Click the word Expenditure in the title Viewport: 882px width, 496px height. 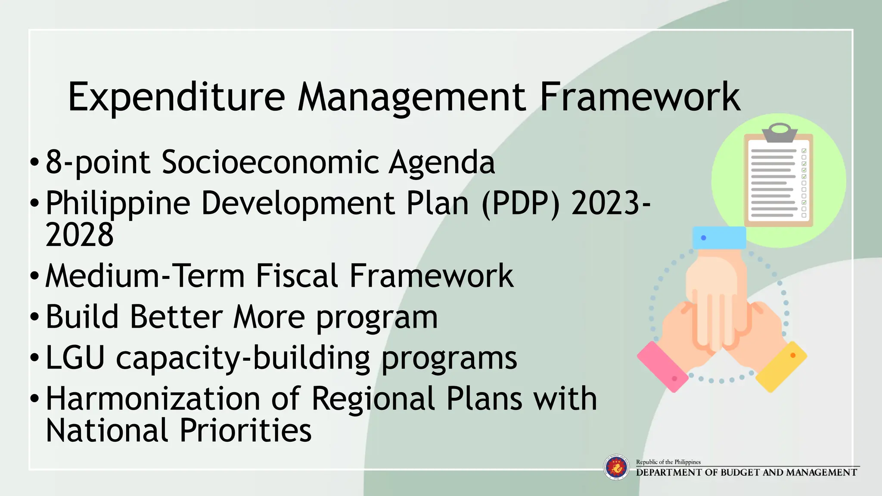tap(176, 97)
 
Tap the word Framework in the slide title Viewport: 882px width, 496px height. tap(640, 97)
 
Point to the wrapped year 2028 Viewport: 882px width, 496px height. tap(80, 235)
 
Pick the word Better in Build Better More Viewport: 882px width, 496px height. tap(176, 317)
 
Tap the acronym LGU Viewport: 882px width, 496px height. tap(75, 358)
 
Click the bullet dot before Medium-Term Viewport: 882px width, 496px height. tap(34, 276)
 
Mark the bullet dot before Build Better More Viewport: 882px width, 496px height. tap(34, 317)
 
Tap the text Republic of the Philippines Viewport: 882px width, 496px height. tap(668, 462)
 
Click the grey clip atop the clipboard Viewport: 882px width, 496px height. tap(780, 133)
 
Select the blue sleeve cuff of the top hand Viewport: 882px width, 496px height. tap(719, 238)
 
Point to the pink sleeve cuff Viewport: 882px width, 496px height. tap(662, 366)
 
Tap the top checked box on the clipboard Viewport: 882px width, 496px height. tap(804, 151)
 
